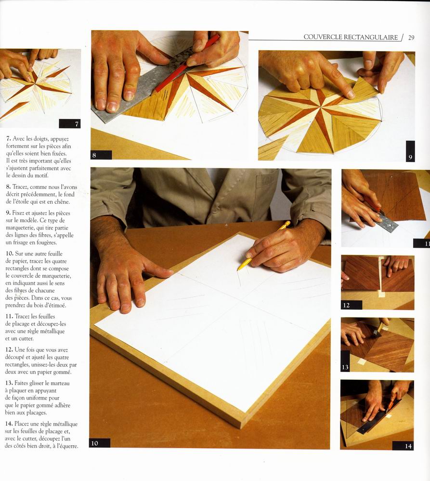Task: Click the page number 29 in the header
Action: [411, 38]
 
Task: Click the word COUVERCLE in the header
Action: [323, 37]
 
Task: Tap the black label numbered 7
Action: [69, 124]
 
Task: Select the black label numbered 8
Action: [102, 155]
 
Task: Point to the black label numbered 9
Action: [410, 151]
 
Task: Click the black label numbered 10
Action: [100, 443]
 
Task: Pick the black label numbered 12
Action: [352, 305]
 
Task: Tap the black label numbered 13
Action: [345, 361]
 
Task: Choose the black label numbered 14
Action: [403, 446]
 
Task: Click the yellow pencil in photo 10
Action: [263, 246]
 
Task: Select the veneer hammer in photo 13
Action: [380, 329]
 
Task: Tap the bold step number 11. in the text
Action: [9, 316]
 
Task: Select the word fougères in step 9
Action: [46, 242]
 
